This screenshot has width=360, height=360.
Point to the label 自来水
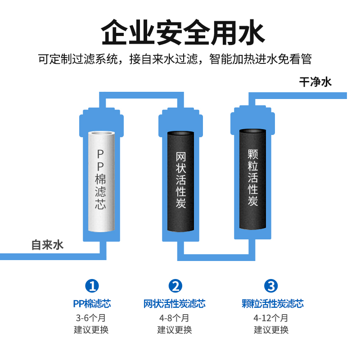point(47,245)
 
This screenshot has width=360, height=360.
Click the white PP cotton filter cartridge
point(101,184)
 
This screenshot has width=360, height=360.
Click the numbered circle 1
point(92,285)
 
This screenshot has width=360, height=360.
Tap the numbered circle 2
point(175,285)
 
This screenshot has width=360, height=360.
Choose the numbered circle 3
point(271,285)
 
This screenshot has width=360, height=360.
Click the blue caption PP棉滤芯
point(92,304)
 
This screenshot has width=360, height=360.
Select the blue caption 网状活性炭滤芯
point(175,304)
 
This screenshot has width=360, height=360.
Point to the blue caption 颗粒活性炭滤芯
point(272,304)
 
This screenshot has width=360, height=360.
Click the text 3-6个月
point(92,318)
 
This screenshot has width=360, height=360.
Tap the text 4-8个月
point(175,318)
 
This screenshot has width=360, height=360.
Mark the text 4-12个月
point(271,318)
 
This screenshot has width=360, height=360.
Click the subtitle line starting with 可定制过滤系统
point(175,59)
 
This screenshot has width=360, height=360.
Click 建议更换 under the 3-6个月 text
point(92,329)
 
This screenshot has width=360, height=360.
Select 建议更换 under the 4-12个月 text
point(271,329)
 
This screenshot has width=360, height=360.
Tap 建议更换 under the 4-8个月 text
point(175,329)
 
